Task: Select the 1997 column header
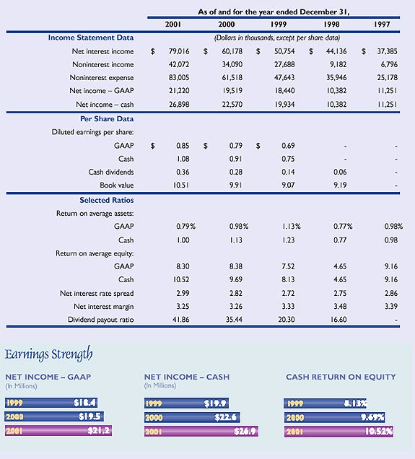click(x=383, y=25)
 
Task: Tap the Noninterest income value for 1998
click(x=336, y=64)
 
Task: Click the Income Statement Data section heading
click(x=91, y=38)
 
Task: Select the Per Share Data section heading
click(x=108, y=118)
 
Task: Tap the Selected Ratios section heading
click(x=106, y=200)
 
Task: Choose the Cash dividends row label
click(x=110, y=172)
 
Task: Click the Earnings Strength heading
click(x=49, y=354)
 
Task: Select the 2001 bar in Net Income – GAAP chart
click(x=58, y=431)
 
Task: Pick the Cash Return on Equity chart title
click(x=341, y=377)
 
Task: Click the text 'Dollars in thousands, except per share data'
click(x=277, y=38)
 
